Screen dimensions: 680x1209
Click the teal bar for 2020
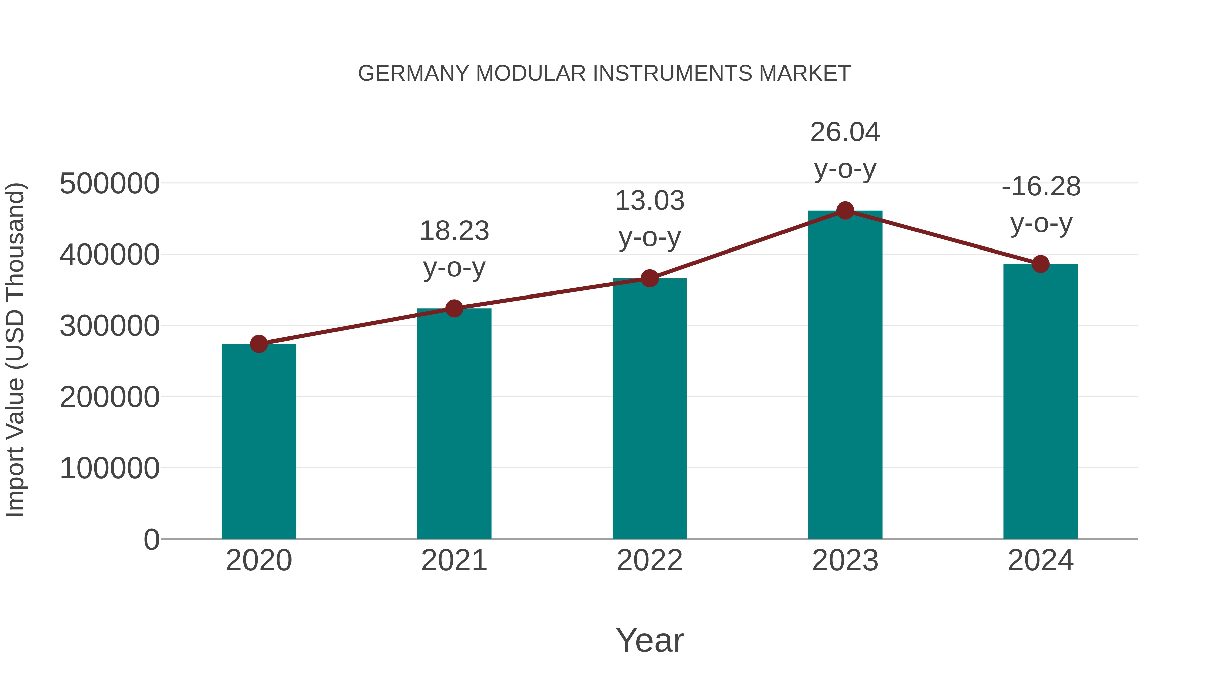click(259, 441)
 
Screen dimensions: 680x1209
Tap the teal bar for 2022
click(650, 408)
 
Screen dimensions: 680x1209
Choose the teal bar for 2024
click(1040, 401)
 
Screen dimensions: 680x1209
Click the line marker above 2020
click(259, 344)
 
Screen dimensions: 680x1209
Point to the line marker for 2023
click(845, 211)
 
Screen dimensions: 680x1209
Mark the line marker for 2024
click(1040, 264)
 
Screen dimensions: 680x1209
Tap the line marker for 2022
click(650, 279)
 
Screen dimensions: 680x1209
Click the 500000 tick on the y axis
click(109, 183)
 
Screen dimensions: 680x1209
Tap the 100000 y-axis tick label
click(109, 468)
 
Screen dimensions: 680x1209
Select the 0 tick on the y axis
click(151, 540)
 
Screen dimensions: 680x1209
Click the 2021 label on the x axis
click(454, 560)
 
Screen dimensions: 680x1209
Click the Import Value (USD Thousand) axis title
click(15, 350)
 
